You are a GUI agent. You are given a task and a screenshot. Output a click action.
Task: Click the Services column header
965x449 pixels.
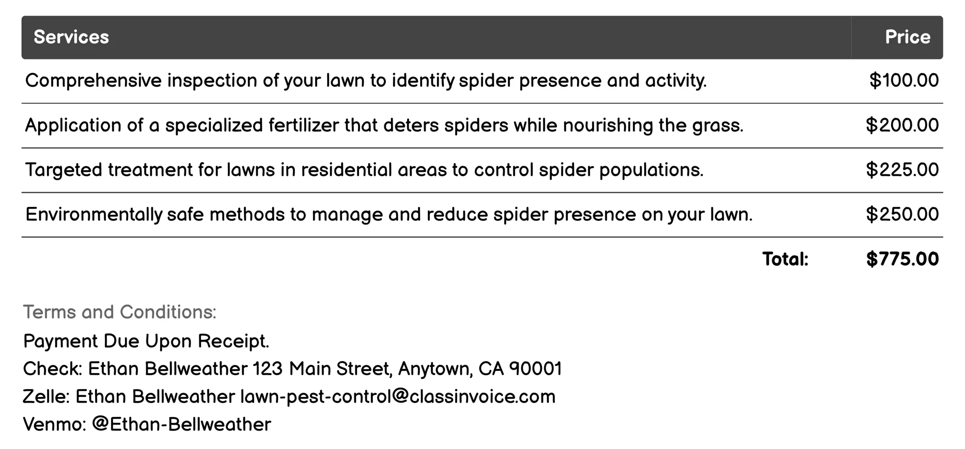point(71,37)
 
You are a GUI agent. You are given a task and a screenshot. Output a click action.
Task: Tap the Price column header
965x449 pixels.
point(907,37)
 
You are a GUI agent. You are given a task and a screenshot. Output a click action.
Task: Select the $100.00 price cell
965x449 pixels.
point(904,81)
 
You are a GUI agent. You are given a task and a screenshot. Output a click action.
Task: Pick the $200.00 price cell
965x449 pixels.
point(902,125)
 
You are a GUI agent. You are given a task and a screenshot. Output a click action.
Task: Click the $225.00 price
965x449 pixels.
point(902,170)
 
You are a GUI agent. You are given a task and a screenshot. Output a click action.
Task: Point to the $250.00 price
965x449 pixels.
point(902,215)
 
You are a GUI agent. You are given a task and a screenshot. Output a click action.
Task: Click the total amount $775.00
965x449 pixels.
point(902,259)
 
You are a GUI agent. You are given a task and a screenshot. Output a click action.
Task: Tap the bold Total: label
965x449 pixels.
point(785,259)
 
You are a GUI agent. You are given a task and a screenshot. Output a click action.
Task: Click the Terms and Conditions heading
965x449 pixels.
point(120,312)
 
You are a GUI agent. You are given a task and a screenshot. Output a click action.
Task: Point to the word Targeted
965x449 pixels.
point(64,170)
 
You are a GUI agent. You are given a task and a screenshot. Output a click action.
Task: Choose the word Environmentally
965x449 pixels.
point(94,215)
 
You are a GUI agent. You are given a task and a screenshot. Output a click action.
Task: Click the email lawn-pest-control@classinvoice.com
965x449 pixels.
point(398,397)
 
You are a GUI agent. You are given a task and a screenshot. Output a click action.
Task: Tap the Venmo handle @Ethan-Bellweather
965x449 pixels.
point(181,425)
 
